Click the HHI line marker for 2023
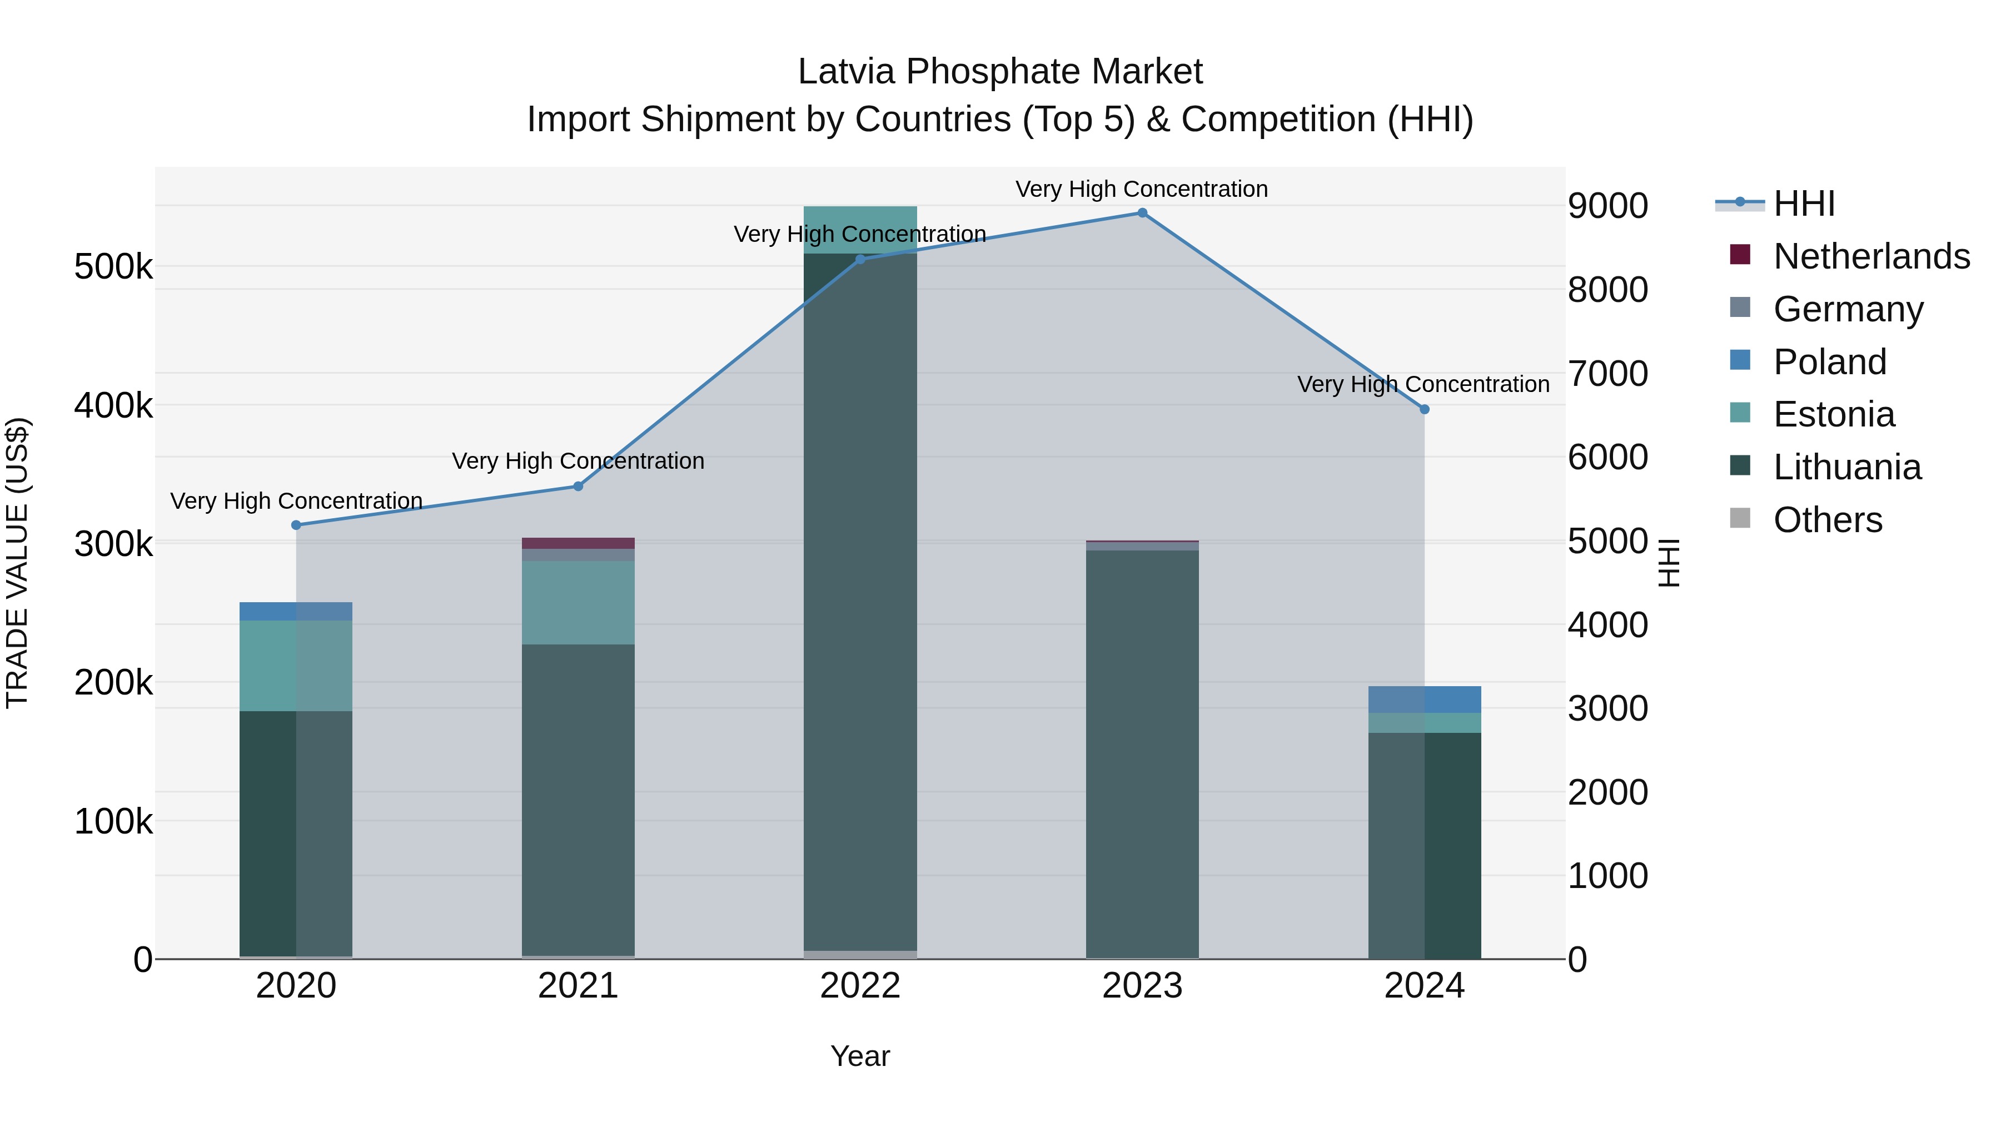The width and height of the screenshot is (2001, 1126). pos(1142,213)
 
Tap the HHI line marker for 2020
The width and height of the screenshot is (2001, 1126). pos(296,525)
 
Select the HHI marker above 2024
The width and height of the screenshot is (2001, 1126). pos(1424,409)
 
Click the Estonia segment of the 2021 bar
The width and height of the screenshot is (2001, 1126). pos(578,602)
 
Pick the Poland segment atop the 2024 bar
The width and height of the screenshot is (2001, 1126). pos(1424,700)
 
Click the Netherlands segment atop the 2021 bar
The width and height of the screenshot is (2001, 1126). pos(578,543)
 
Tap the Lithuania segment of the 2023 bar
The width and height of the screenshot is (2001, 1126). pos(1142,754)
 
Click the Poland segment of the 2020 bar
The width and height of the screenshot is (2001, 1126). pos(296,612)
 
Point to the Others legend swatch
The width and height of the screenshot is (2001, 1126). pos(1740,518)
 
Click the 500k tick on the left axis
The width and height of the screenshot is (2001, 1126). pos(113,267)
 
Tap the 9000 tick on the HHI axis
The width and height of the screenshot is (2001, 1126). pos(1607,206)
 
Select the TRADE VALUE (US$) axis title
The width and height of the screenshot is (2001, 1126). pos(17,563)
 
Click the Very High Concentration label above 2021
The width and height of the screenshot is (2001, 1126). pos(578,461)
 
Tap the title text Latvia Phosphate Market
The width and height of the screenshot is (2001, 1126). pos(1000,72)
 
